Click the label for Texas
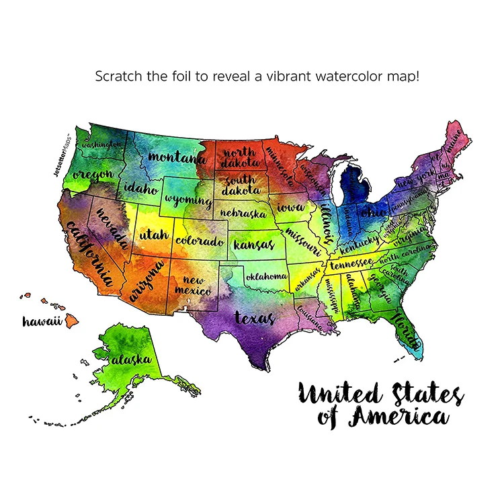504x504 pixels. (254, 317)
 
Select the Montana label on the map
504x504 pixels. (177, 158)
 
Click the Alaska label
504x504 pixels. (131, 360)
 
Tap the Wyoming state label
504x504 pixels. (188, 200)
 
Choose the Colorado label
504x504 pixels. (199, 241)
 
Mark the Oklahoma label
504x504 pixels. (267, 276)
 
